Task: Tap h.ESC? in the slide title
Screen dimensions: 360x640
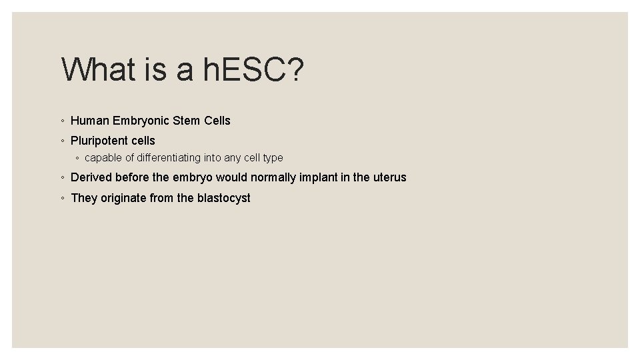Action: (x=254, y=69)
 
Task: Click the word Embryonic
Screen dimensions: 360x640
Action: (x=141, y=121)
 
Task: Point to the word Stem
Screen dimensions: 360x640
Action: (x=187, y=121)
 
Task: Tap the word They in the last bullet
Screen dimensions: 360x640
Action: (x=84, y=198)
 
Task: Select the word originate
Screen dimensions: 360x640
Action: (x=124, y=198)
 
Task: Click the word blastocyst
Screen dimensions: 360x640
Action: (x=223, y=198)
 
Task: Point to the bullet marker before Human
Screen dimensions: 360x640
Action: (x=62, y=121)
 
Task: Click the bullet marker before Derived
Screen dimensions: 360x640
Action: (x=62, y=178)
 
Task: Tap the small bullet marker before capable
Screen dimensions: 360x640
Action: (x=77, y=159)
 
